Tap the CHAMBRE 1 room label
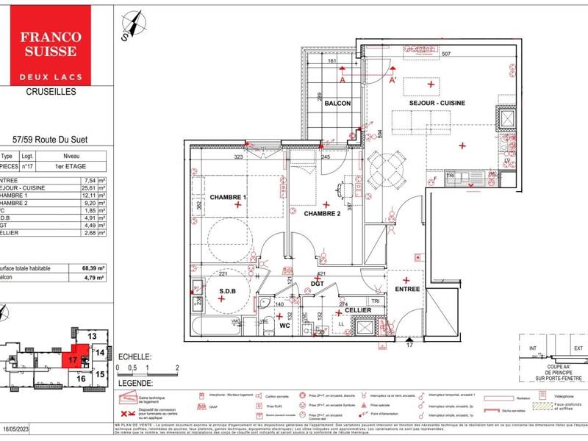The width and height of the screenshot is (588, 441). [228, 198]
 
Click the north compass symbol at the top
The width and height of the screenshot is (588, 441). [132, 23]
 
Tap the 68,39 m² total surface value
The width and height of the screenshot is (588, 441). [93, 268]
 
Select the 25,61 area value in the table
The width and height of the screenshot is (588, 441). [92, 187]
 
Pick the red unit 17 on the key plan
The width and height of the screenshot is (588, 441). [73, 360]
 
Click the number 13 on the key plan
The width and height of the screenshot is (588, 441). [92, 336]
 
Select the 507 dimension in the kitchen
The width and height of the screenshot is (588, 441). [445, 54]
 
